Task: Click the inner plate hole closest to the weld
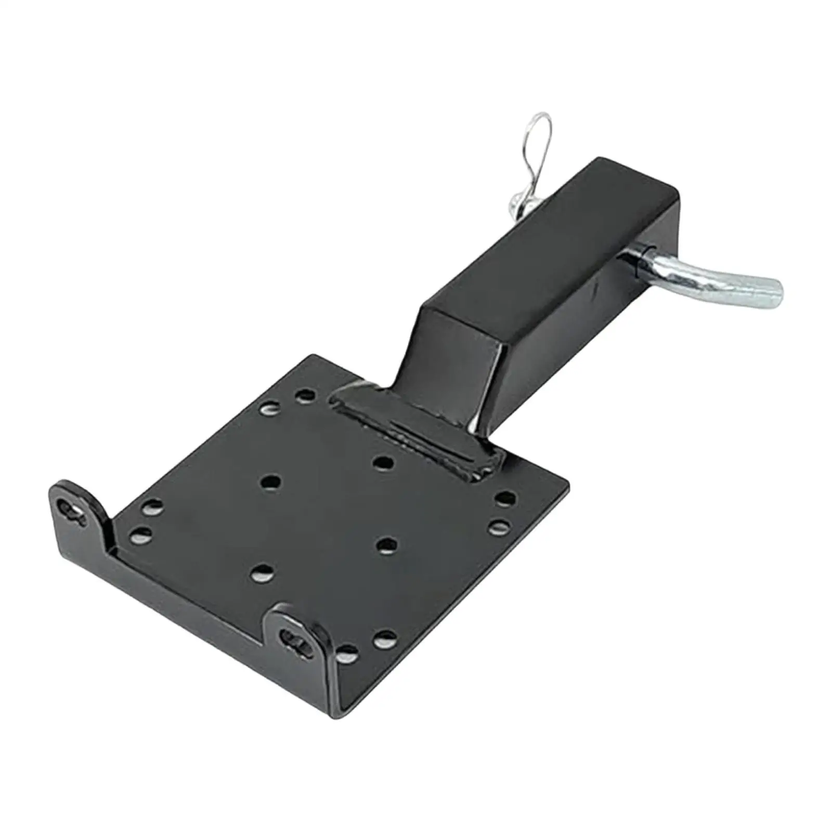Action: (383, 462)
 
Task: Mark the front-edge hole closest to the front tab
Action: (347, 652)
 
